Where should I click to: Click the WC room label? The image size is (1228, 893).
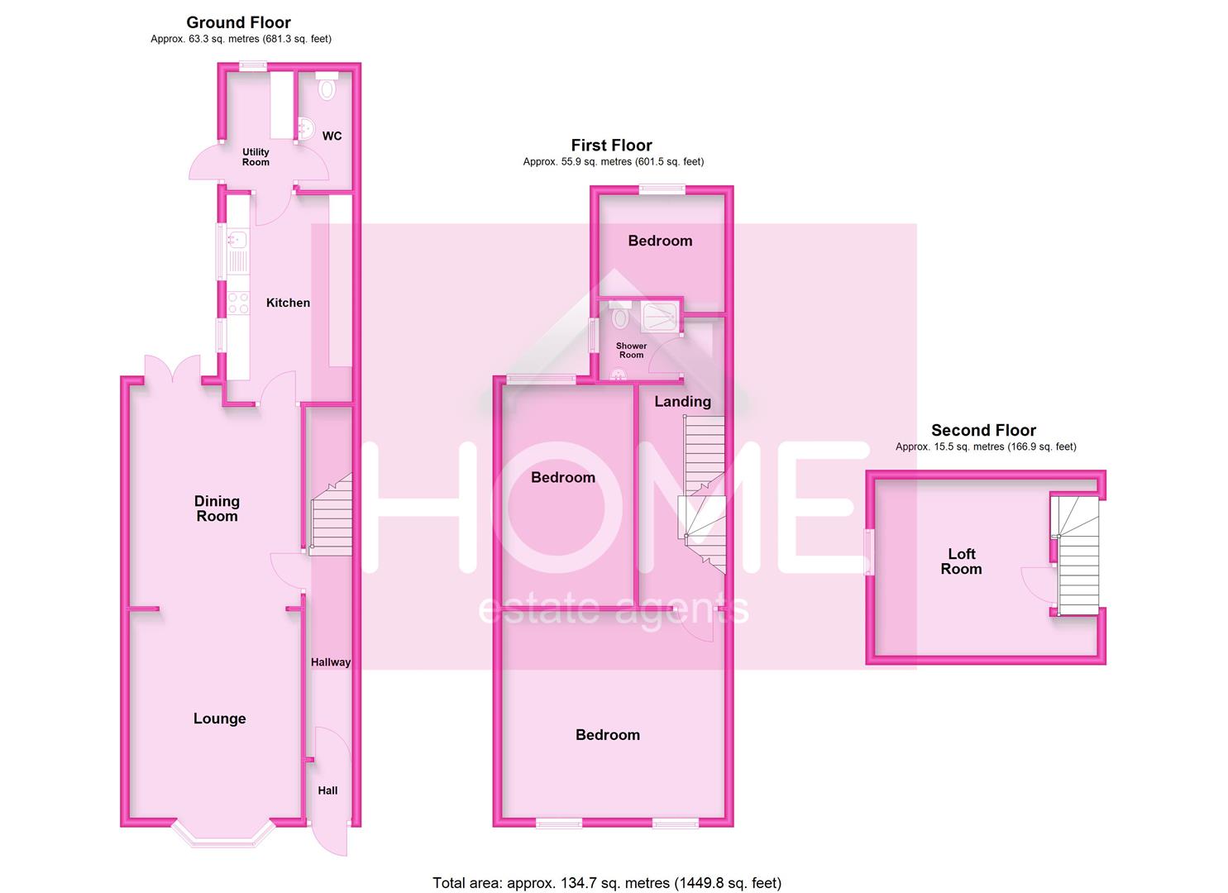332,136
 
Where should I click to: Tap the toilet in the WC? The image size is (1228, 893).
327,87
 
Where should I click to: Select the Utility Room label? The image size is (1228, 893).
256,157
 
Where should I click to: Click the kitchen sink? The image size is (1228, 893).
237,241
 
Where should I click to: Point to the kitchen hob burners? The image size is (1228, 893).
238,303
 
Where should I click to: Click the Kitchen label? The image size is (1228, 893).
288,303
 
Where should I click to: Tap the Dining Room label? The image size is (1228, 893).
217,509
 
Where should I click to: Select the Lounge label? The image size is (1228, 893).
219,719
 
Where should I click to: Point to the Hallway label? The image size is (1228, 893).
331,662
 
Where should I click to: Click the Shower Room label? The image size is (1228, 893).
631,351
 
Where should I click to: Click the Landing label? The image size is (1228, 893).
682,402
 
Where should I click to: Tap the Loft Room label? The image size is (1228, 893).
961,561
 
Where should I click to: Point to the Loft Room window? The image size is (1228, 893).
868,552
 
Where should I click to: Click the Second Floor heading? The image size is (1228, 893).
983,430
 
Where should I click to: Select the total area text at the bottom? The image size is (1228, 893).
607,883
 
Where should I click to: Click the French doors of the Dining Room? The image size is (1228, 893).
172,370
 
